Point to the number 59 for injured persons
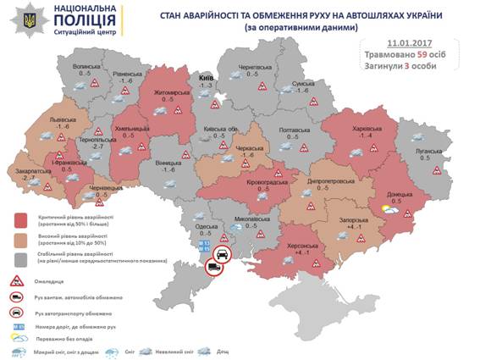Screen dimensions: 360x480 pos(416,53)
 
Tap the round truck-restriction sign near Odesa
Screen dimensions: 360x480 pos(214,269)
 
